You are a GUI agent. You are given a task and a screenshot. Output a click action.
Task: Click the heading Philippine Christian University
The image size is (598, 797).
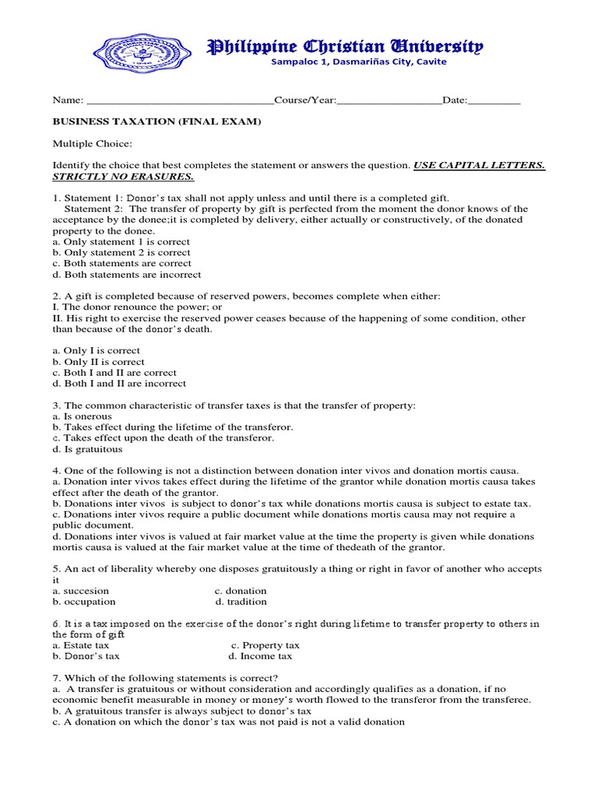(x=344, y=47)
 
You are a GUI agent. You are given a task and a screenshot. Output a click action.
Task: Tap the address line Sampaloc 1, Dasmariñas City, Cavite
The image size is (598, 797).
(x=358, y=62)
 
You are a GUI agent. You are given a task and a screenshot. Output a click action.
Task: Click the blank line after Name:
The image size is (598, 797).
(x=179, y=101)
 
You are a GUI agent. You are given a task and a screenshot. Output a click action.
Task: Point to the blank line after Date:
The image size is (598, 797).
(x=494, y=101)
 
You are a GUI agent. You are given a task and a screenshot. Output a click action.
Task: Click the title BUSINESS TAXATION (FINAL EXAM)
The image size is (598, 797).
(x=157, y=122)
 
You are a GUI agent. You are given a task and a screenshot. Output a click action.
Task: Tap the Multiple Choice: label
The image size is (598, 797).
(x=92, y=144)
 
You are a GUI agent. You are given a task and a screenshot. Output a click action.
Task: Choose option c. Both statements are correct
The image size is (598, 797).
(x=121, y=264)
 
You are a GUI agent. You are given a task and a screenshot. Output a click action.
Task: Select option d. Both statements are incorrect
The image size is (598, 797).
(x=126, y=275)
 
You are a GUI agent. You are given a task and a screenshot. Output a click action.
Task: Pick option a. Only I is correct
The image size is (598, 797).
(x=96, y=351)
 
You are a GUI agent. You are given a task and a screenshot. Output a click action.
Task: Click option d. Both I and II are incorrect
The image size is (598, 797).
(x=119, y=384)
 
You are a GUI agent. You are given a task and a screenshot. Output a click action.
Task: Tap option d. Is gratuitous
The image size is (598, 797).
(x=87, y=449)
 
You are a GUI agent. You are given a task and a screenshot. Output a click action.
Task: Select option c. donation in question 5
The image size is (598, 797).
(x=241, y=591)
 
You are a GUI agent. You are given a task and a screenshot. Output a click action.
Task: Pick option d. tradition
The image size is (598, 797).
(x=241, y=602)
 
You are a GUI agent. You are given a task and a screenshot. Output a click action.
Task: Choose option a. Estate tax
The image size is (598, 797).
(x=81, y=645)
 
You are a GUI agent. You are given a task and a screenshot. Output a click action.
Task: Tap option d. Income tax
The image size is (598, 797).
(x=260, y=656)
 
